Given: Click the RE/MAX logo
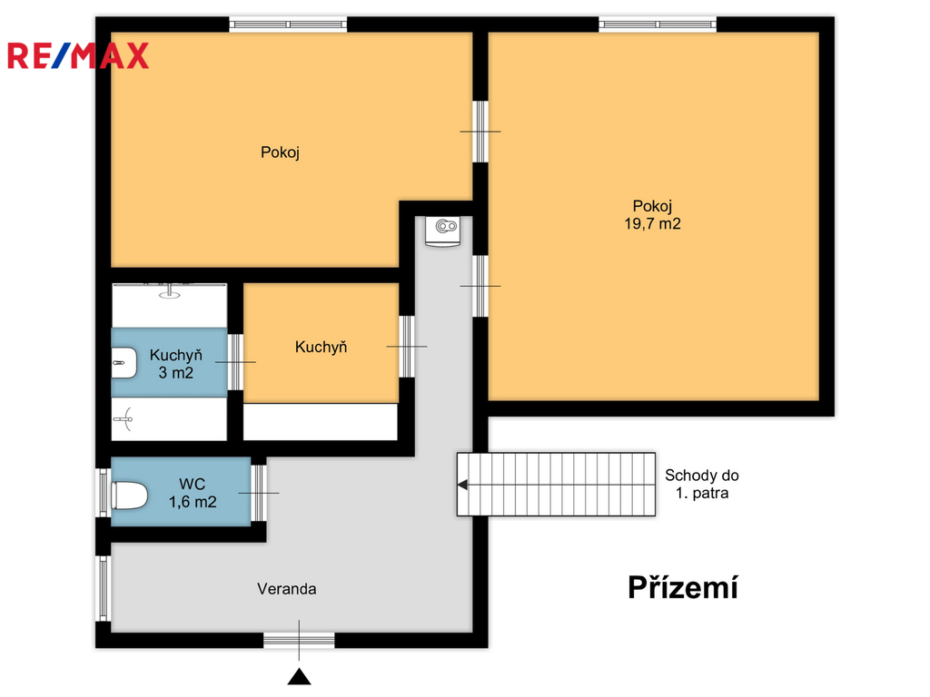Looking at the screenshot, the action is click(78, 55).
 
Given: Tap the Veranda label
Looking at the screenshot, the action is click(286, 588).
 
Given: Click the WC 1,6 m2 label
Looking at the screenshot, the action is click(193, 493).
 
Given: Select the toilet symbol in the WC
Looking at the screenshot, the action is click(129, 496).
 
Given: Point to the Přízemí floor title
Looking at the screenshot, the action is click(683, 587).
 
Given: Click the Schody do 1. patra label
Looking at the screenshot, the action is click(702, 484).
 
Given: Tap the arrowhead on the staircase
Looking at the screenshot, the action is click(462, 485).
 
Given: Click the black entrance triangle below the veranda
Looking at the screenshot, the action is click(300, 676).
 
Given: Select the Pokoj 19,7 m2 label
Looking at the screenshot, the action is click(652, 214).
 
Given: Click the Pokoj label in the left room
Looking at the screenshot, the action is click(280, 152).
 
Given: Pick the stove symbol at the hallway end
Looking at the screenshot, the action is click(443, 231).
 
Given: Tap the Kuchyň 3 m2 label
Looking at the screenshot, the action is click(175, 363).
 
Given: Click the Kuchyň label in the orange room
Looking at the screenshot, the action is click(321, 347).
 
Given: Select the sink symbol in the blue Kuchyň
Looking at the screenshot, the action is click(124, 362).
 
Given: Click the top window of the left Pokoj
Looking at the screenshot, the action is click(288, 25).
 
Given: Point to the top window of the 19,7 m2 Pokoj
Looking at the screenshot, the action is click(658, 25).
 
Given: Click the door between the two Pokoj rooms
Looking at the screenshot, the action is click(480, 132).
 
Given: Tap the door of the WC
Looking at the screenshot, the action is click(259, 493).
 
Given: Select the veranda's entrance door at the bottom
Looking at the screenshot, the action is click(299, 640).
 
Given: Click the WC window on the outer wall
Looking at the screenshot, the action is click(104, 493).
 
